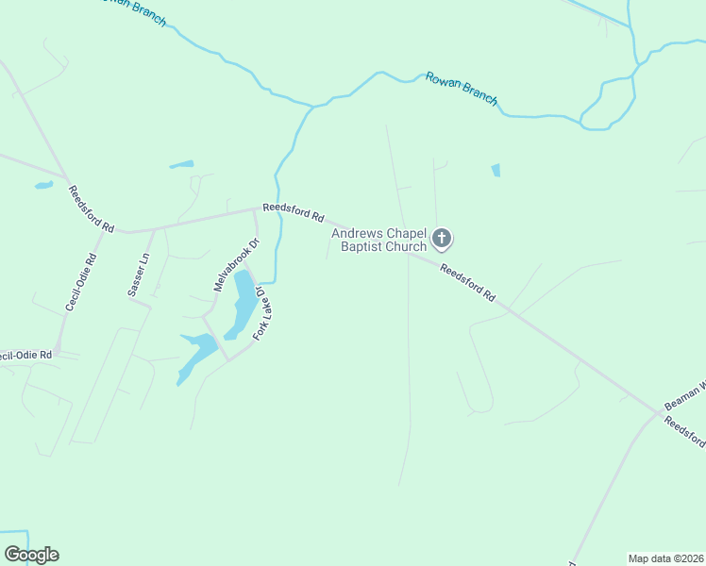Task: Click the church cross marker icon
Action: (x=442, y=239)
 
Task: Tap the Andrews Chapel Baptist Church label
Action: (x=378, y=240)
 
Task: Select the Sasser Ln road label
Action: (x=139, y=275)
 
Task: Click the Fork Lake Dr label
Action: (x=262, y=318)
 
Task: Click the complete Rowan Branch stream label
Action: (x=461, y=89)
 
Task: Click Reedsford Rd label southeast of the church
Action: (x=467, y=282)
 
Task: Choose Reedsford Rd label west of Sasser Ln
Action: (x=91, y=208)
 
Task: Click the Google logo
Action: (x=31, y=555)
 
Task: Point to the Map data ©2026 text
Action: (x=665, y=558)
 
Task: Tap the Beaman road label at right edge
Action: (x=684, y=394)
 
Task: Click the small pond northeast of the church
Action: (x=496, y=171)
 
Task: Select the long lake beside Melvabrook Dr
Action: (x=242, y=302)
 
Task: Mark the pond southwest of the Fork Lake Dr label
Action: (x=196, y=352)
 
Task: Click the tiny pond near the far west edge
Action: (x=43, y=185)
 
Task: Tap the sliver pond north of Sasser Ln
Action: (x=181, y=165)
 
